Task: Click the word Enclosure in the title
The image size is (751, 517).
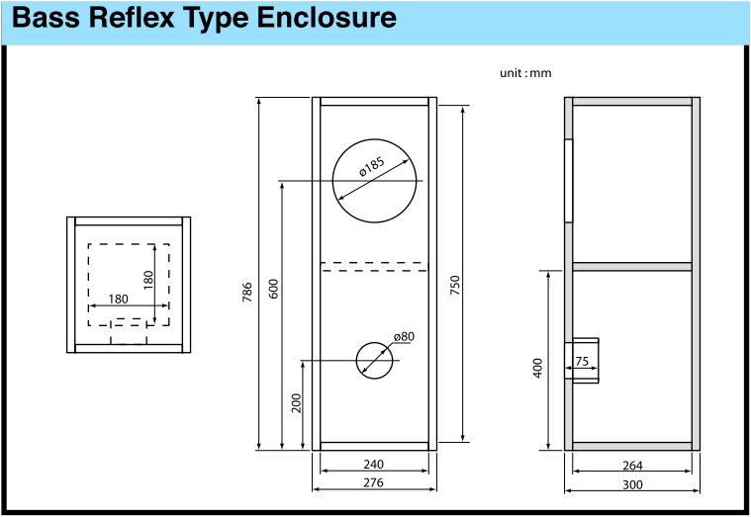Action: (x=327, y=18)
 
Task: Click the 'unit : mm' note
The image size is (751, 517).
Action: (x=525, y=73)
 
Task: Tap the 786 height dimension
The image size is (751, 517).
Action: (x=247, y=292)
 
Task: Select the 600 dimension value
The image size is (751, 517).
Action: (x=273, y=289)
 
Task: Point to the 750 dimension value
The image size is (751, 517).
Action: (x=455, y=285)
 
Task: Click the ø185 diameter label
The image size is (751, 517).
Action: (x=372, y=166)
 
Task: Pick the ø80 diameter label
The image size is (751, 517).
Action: (x=404, y=336)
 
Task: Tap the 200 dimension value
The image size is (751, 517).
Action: (x=297, y=403)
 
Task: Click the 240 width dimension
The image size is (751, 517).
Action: (x=373, y=464)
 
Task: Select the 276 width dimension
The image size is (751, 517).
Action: (x=373, y=482)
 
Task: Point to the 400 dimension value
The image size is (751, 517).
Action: (x=538, y=368)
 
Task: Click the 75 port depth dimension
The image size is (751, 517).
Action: (x=582, y=361)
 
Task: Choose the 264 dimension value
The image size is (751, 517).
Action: (x=632, y=465)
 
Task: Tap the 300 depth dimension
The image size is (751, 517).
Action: (x=632, y=484)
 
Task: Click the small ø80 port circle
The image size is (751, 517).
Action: (x=375, y=342)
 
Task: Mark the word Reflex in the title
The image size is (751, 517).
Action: (x=132, y=18)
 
